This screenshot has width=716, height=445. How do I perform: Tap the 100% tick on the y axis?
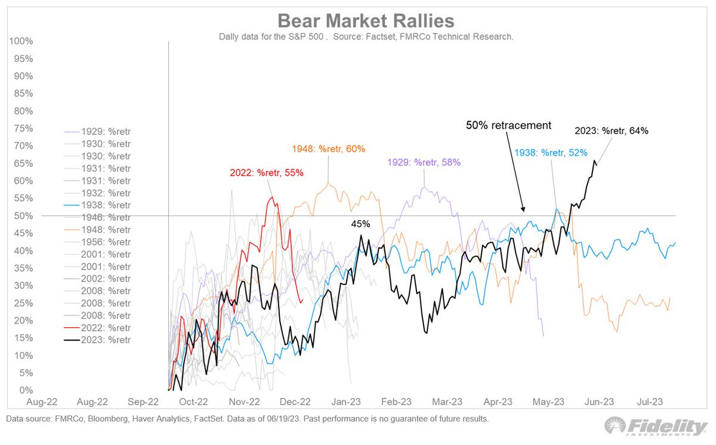click(20, 41)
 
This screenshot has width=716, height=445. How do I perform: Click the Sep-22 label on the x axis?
click(144, 403)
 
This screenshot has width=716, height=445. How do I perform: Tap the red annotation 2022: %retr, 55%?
click(267, 173)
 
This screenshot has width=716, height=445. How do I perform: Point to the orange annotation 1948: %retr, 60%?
click(328, 149)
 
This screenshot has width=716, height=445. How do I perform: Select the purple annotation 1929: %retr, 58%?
click(424, 162)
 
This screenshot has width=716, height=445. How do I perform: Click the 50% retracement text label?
click(508, 126)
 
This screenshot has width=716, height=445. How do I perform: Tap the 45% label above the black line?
click(360, 224)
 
